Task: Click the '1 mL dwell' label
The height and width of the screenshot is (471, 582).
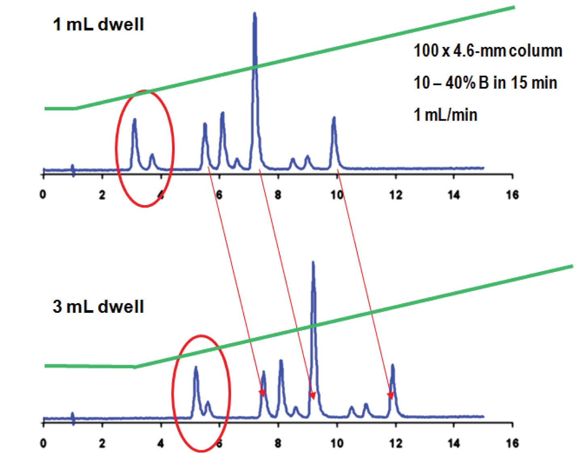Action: click(98, 25)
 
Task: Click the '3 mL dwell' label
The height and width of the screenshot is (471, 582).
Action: click(98, 306)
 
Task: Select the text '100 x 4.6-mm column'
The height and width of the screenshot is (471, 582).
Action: click(487, 51)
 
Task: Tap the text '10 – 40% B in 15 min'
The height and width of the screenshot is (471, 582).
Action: click(485, 83)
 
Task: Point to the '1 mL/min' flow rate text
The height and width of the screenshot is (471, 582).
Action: click(445, 115)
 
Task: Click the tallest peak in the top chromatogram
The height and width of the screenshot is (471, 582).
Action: click(255, 16)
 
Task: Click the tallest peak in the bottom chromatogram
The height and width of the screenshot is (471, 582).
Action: click(313, 265)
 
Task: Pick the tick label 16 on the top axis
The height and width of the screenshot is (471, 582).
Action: click(512, 195)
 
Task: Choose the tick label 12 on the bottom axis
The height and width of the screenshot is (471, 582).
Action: click(396, 443)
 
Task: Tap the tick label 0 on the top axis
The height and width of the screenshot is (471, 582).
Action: click(43, 195)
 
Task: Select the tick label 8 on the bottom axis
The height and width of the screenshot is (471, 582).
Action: click(278, 443)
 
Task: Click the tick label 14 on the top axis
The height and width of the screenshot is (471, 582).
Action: click(454, 195)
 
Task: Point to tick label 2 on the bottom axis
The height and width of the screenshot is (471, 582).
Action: click(102, 443)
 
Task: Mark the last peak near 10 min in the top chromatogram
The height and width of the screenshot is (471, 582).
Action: click(334, 119)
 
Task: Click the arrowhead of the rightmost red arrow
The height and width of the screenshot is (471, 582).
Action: click(390, 395)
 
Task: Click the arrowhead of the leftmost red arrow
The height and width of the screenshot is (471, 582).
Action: click(262, 392)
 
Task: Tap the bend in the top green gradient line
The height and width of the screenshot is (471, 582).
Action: click(76, 108)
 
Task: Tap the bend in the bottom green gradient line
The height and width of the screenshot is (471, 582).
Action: click(135, 367)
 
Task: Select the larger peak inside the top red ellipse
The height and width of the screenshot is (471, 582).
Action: click(135, 121)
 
